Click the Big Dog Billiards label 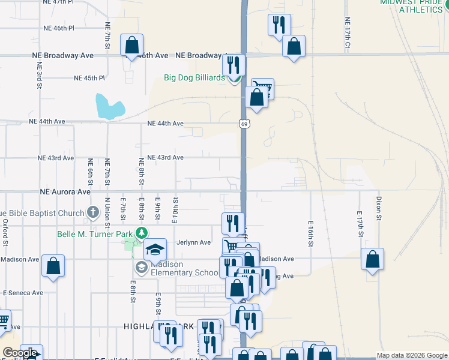pyautogui.click(x=194, y=77)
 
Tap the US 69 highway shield pyautogui.click(x=243, y=124)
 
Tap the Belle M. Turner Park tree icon pyautogui.click(x=141, y=233)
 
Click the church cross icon pyautogui.click(x=92, y=212)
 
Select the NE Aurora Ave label pyautogui.click(x=65, y=192)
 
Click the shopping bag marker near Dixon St pyautogui.click(x=373, y=260)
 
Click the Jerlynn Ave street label pyautogui.click(x=193, y=242)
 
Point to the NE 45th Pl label pyautogui.click(x=89, y=78)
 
